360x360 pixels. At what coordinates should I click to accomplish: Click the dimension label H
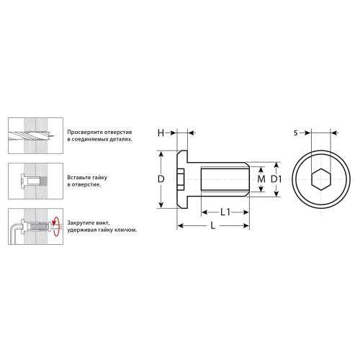coord(161,132)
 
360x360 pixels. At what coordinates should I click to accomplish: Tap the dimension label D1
coord(276,179)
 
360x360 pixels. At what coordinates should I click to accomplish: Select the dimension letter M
coord(261,179)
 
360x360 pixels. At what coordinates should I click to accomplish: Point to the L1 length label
coord(225,212)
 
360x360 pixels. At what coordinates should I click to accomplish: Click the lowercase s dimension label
coord(296,132)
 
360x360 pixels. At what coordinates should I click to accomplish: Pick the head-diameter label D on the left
coord(161,179)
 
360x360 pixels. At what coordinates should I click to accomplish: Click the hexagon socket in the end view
coord(321,179)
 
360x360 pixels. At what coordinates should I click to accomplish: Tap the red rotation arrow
coord(55,226)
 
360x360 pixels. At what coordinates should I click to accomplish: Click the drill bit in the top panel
coord(30,135)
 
